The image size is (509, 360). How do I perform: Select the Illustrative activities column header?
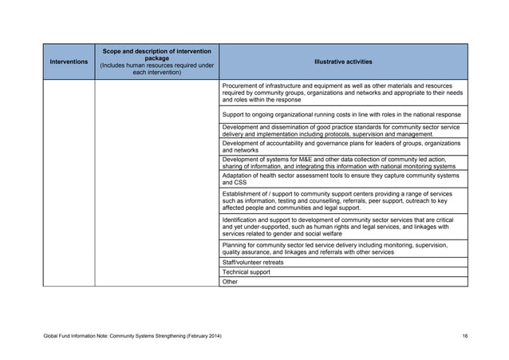tap(343, 61)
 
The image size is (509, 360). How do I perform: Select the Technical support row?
tap(247, 271)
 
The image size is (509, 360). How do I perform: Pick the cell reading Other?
tap(231, 281)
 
